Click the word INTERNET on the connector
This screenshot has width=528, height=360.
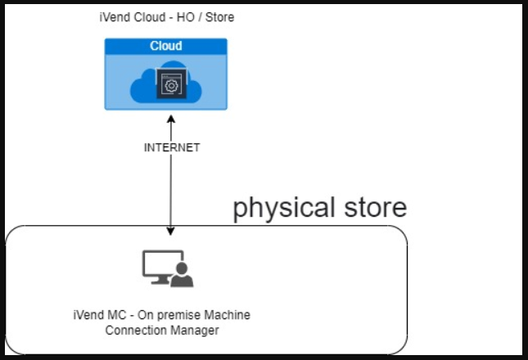171,148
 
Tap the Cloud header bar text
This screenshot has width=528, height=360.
165,46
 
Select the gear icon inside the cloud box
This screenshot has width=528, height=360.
170,85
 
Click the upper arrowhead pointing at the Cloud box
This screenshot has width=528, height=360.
171,117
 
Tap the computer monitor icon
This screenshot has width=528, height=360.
158,266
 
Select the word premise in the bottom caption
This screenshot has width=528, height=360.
174,315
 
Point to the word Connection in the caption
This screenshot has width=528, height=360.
137,330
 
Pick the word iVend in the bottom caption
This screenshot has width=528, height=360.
88,315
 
